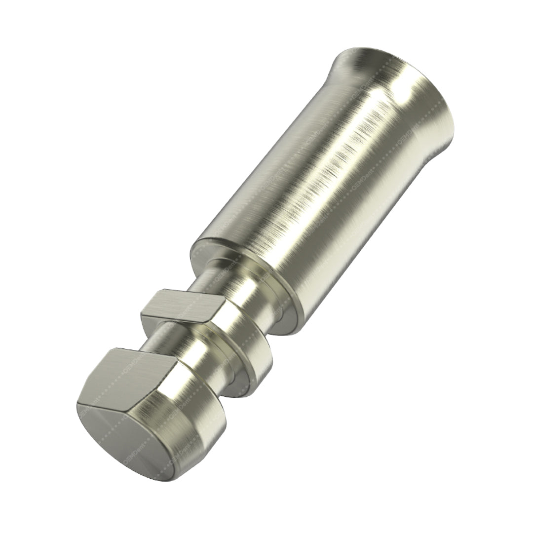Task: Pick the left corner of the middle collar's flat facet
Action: point(143,312)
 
